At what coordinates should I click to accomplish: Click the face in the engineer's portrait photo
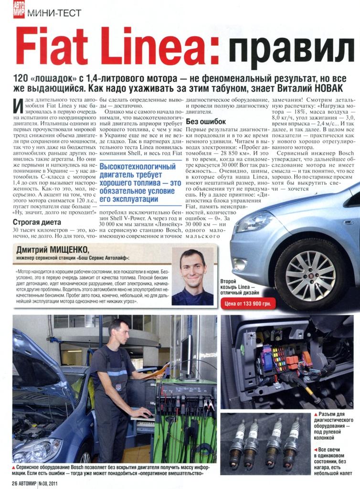coord(193,270)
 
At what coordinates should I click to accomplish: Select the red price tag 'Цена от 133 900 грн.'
coord(249,303)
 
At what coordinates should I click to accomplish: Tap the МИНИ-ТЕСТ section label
coord(55,13)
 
